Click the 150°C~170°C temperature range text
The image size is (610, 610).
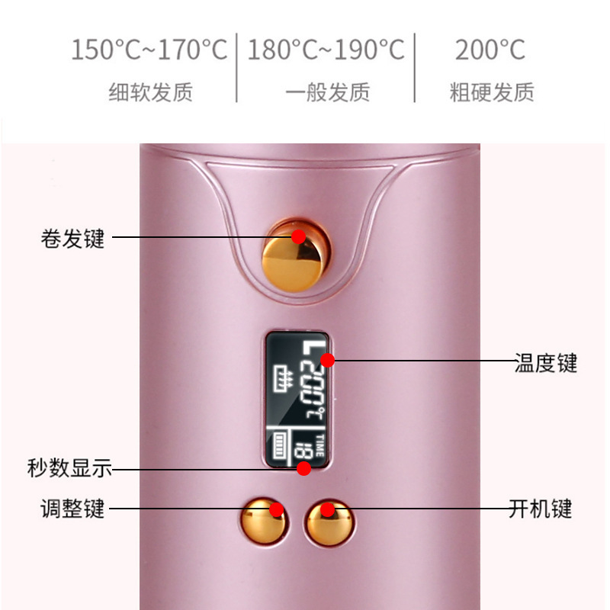pos(149,50)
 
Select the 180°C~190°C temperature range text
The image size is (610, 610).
pos(326,50)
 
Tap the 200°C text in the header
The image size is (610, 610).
pos(490,50)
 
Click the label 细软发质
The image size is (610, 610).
pos(150,93)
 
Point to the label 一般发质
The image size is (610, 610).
pos(327,93)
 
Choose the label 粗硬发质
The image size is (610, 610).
pos(492,93)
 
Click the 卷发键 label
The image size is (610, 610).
pos(72,239)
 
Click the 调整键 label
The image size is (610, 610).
pos(72,508)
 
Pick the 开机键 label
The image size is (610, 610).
pos(540,508)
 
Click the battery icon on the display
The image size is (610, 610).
pos(280,445)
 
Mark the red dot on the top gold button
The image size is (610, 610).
pos(298,236)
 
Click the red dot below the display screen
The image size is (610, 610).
pos(303,468)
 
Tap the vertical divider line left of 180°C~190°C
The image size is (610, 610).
pos(237,67)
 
